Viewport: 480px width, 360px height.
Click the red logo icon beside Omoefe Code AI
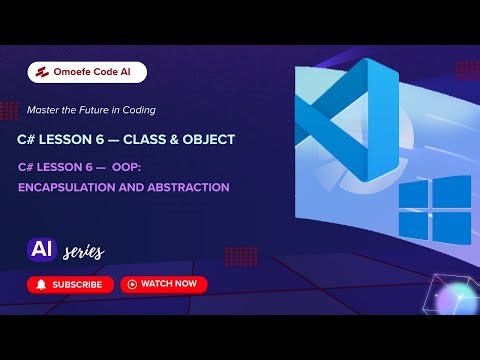coord(40,72)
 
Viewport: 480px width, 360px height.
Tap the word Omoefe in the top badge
coord(71,72)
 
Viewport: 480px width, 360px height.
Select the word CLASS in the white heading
coord(146,139)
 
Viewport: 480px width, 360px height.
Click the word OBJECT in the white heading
coord(208,139)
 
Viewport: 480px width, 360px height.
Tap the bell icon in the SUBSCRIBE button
coord(41,284)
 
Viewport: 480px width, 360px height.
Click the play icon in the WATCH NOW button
coord(131,284)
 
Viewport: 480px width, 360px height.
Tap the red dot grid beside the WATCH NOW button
coord(241,255)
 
